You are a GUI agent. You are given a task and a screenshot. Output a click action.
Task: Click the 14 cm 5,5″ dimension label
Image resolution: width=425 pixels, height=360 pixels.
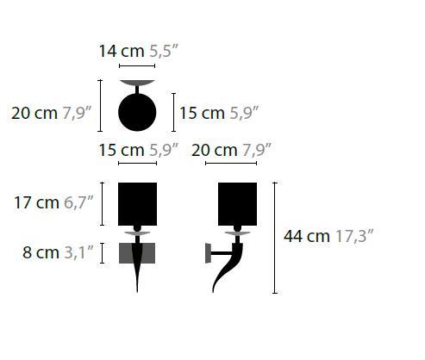137,51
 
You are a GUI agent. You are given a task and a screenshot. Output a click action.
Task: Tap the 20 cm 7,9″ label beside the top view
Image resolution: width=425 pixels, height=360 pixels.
51,113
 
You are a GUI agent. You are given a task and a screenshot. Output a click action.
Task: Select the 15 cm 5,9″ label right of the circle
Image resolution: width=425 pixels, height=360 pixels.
219,113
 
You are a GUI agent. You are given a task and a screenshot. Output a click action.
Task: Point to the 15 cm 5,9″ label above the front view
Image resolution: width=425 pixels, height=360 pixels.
138,150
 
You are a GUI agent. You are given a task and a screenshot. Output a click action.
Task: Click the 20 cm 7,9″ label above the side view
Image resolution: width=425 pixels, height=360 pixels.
231,150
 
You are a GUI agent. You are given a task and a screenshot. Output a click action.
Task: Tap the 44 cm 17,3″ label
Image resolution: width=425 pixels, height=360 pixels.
328,235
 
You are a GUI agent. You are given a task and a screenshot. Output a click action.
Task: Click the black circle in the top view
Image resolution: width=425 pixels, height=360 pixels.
137,112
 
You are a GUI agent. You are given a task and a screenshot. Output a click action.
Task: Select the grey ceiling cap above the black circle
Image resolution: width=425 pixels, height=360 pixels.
137,84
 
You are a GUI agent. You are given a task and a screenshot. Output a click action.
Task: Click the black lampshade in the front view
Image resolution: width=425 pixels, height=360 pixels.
137,204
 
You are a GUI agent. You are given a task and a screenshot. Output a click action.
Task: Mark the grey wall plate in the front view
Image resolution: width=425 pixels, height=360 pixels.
137,253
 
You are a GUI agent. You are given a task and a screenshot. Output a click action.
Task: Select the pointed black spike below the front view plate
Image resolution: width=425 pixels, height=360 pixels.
137,277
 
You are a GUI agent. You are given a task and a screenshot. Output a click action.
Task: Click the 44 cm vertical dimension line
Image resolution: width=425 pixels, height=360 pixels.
275,238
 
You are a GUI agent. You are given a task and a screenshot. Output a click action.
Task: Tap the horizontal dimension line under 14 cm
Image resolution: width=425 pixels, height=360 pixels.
137,65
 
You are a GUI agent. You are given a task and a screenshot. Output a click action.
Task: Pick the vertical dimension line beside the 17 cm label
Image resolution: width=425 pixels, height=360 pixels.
103,203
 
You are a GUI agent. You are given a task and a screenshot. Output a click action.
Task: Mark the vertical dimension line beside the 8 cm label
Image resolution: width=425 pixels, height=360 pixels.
103,252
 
